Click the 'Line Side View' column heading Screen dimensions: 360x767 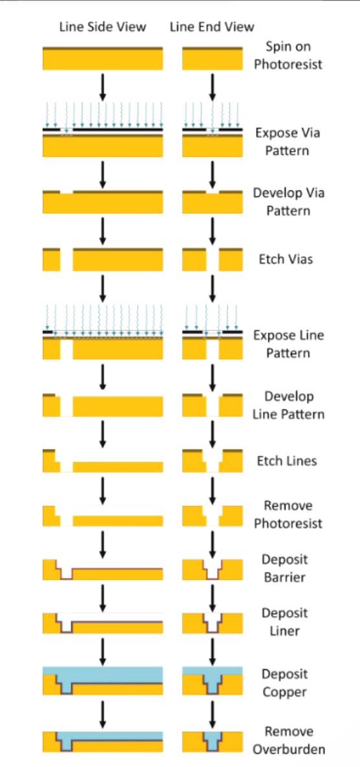103,27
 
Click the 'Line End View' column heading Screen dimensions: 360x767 212,27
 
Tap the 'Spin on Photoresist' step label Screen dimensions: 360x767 288,55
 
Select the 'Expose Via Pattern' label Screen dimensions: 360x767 287,141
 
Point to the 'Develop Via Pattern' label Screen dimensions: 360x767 288,201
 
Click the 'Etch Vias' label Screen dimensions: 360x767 286,258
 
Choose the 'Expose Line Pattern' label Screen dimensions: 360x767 288,344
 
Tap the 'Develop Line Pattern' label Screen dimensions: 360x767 288,405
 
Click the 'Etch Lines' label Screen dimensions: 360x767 287,461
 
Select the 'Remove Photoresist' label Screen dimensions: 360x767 288,514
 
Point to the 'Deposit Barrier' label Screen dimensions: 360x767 284,568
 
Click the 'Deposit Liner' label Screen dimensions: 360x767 284,622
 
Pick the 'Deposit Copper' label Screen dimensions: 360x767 284,683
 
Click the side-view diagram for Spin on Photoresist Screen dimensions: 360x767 103,58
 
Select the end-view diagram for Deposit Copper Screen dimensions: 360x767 212,680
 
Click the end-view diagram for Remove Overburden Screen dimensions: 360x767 212,742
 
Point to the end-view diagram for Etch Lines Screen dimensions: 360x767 212,461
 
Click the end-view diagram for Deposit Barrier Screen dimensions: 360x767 212,569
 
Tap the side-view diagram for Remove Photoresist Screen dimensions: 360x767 103,516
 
